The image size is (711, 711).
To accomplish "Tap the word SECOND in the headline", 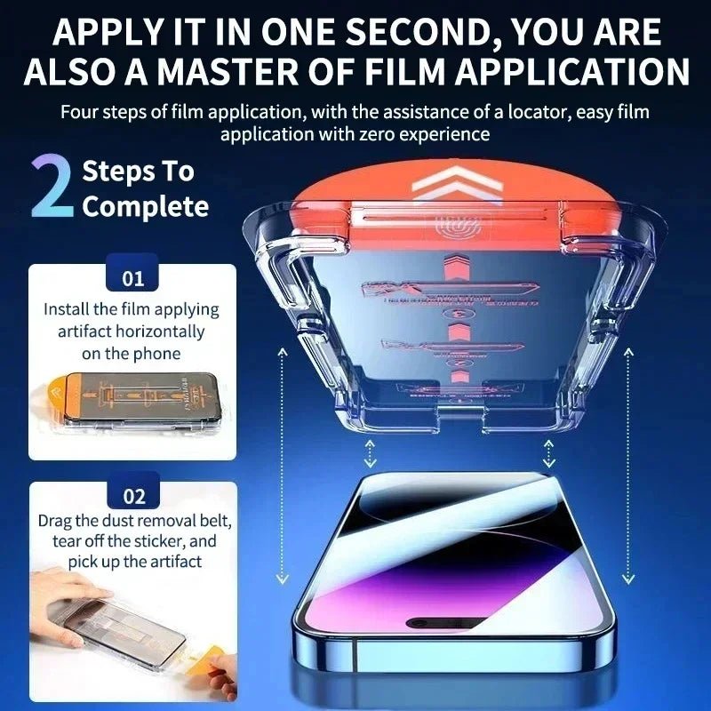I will point(399,32).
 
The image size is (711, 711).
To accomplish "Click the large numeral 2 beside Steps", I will point(52,187).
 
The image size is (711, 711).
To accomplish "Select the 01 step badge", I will point(132,278).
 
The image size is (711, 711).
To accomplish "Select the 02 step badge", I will point(132,496).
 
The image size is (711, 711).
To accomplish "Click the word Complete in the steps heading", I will point(145,207).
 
